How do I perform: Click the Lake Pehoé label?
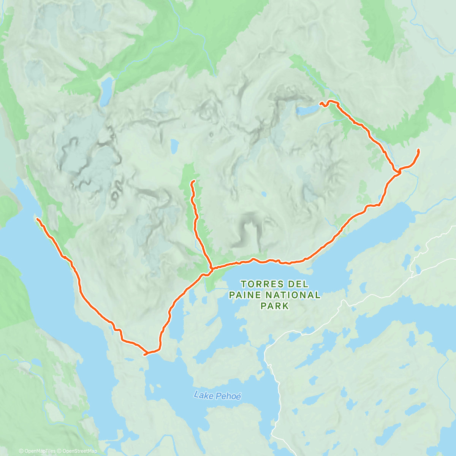pos(217,396)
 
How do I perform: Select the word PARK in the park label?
pos(275,306)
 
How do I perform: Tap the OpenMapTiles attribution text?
pos(37,451)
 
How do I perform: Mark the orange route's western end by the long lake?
pos(37,219)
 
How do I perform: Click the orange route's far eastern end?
pos(418,150)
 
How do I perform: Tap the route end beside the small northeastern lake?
pos(320,103)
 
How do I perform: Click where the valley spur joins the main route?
pos(210,268)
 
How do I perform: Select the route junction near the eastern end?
pos(399,172)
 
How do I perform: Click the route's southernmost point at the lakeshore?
pos(146,354)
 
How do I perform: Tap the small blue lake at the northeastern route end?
pos(307,110)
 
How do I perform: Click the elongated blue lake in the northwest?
pos(106,92)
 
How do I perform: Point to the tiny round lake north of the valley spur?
pos(174,145)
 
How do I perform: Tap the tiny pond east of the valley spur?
pos(263,194)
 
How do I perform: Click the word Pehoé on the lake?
pos(228,396)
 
